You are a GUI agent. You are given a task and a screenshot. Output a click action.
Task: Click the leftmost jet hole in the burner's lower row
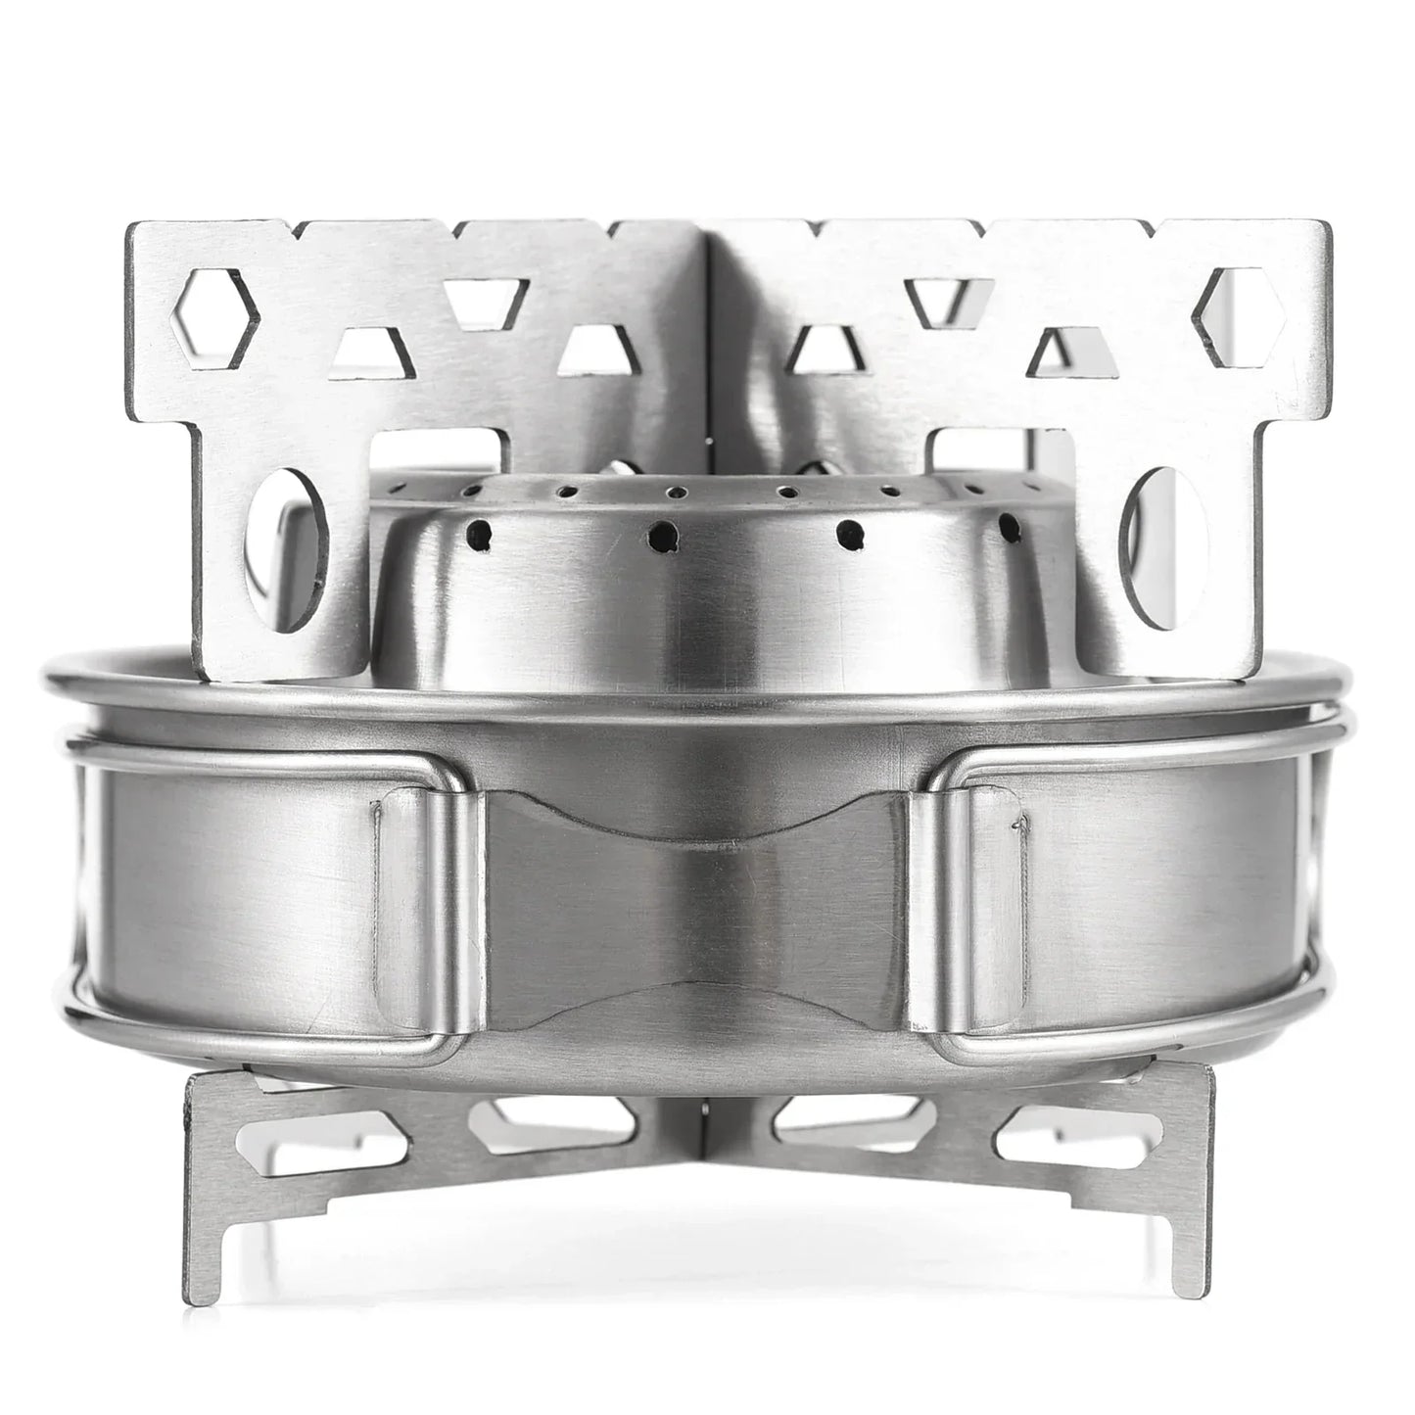480,534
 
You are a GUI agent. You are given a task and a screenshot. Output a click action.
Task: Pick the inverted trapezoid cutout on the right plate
942,299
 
